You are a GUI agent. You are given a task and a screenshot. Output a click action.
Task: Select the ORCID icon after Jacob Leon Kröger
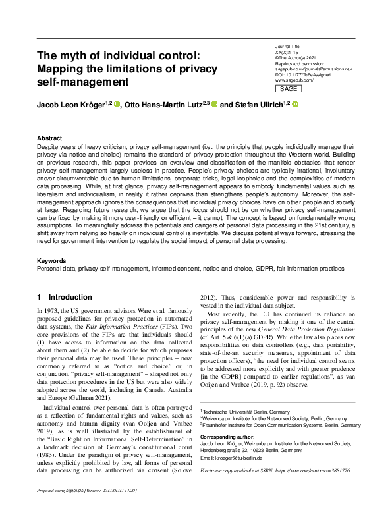118,104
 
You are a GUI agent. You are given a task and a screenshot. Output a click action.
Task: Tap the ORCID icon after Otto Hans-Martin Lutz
215,104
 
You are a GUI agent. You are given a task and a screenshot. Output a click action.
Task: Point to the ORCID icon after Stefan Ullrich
296,104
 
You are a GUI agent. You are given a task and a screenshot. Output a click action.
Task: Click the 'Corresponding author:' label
228,436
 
